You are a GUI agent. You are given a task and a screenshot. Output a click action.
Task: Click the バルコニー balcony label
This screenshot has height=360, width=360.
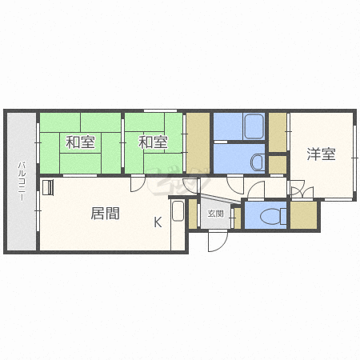[22, 181]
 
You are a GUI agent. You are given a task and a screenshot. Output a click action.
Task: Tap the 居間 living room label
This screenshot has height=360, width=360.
[105, 214]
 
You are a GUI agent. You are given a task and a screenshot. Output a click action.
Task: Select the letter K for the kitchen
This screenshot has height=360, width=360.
[158, 222]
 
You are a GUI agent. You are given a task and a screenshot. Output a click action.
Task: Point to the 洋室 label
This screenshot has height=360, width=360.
[321, 154]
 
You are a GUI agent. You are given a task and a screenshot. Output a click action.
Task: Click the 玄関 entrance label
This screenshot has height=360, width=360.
[215, 214]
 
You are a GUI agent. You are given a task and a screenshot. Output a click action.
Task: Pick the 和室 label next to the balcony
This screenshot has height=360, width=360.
[80, 142]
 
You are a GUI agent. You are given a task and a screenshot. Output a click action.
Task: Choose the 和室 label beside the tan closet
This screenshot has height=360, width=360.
[153, 142]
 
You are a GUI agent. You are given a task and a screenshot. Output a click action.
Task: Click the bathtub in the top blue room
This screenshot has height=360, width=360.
[254, 126]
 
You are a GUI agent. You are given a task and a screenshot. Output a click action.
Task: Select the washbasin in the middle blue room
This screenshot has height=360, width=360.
[258, 162]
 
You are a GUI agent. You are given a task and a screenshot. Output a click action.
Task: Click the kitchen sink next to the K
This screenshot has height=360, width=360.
[178, 210]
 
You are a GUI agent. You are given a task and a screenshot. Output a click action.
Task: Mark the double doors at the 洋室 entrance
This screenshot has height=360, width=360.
[302, 190]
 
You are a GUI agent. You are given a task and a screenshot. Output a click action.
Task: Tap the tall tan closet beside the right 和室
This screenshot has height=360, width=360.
[198, 143]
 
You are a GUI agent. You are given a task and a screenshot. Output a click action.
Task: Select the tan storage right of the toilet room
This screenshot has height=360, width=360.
[303, 215]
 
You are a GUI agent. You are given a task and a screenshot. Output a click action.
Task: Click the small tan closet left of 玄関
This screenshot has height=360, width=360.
[193, 214]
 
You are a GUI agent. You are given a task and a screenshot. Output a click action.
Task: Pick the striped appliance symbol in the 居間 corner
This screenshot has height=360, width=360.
[48, 188]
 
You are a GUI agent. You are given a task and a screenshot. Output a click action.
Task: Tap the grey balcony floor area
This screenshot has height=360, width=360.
[22, 182]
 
